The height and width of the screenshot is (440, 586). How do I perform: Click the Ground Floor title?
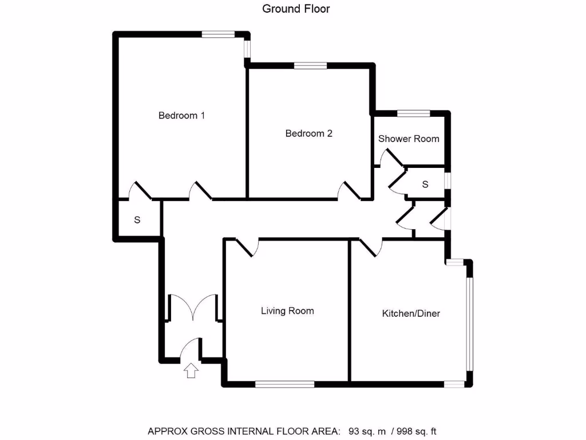click(296, 9)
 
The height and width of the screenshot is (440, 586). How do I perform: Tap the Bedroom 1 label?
click(181, 115)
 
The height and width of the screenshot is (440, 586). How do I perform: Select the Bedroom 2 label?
click(308, 133)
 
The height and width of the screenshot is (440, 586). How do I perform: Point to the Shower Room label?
click(409, 139)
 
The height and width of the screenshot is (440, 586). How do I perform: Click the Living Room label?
click(287, 311)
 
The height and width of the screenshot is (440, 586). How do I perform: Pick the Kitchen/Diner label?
click(411, 313)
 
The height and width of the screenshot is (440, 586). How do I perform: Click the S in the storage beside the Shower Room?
click(425, 184)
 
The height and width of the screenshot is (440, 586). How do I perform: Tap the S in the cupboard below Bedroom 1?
click(137, 219)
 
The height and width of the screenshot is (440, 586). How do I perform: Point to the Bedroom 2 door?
click(349, 191)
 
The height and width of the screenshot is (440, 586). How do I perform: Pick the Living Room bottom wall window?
click(284, 384)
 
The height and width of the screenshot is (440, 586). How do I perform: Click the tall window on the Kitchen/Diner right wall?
click(469, 324)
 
